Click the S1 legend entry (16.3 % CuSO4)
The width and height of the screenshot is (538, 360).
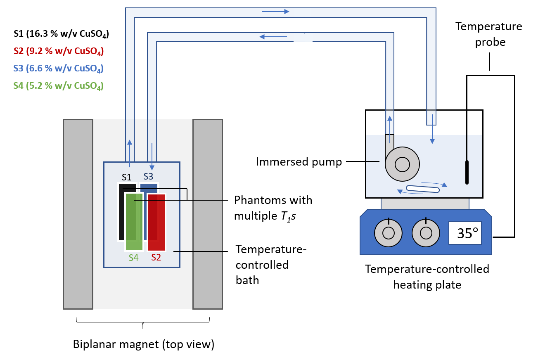(62, 34)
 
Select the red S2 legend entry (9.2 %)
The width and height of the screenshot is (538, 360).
(58, 52)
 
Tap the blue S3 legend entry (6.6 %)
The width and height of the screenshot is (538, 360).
(58, 69)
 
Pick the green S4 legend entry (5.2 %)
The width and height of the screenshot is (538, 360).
(58, 86)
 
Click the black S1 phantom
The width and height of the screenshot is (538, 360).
(121, 215)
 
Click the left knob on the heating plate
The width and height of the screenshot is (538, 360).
(388, 233)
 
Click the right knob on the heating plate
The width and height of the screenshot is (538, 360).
(425, 233)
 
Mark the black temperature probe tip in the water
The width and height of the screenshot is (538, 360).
(467, 172)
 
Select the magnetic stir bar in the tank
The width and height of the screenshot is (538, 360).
(423, 189)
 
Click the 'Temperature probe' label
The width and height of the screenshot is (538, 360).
(488, 34)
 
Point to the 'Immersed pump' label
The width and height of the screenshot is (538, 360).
(299, 162)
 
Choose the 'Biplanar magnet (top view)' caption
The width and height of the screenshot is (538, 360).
(144, 344)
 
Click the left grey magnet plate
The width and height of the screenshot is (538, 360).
(78, 214)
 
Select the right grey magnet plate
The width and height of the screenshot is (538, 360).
(208, 214)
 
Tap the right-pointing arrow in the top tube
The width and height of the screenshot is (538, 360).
(275, 11)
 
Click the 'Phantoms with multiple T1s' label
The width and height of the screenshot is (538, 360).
(273, 208)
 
